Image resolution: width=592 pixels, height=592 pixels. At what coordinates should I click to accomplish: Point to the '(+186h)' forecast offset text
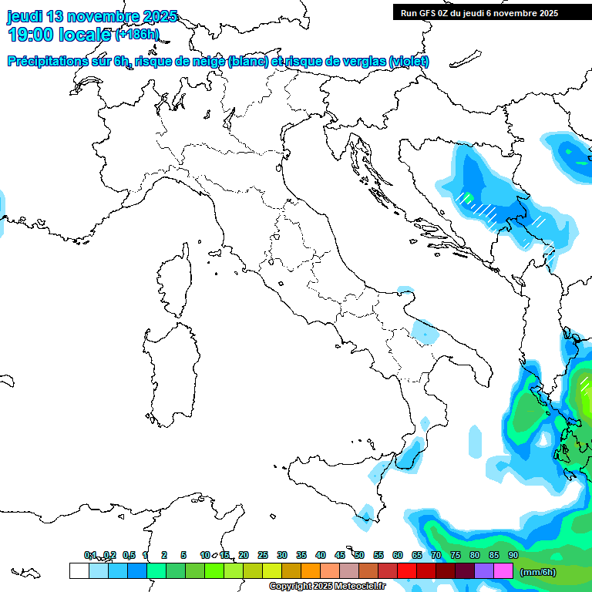136,35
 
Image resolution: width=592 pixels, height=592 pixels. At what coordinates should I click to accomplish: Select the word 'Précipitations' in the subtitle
55,62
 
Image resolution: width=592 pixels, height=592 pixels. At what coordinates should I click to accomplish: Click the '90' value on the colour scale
513,555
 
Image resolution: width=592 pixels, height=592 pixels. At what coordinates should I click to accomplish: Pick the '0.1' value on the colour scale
90,555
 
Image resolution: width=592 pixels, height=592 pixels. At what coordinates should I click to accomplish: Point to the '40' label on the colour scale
321,555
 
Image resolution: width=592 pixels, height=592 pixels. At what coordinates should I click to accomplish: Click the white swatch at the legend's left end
79,571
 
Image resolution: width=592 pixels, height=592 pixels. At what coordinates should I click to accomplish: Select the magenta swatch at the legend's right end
503,571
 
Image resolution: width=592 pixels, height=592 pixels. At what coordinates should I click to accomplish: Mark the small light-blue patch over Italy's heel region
423,331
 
